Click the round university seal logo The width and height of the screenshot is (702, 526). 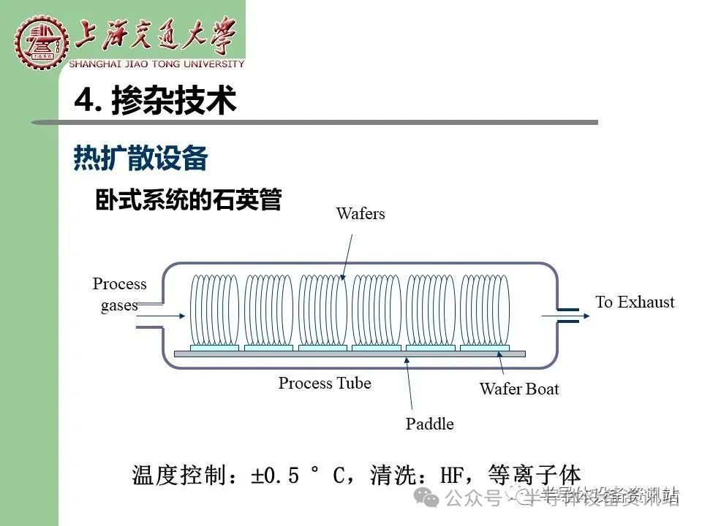click(x=42, y=42)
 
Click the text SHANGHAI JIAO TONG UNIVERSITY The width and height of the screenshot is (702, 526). click(x=156, y=64)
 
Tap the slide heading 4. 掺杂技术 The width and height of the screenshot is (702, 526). click(x=155, y=100)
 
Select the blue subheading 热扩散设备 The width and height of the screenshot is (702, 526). click(x=140, y=158)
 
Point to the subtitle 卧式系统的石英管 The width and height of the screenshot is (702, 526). click(x=189, y=199)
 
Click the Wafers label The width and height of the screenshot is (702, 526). click(x=361, y=213)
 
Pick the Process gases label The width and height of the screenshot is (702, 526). click(x=119, y=294)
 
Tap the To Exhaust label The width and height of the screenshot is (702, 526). click(x=635, y=302)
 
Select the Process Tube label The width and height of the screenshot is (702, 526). click(x=325, y=383)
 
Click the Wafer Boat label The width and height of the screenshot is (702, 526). click(x=519, y=389)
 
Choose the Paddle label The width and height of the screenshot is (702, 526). click(x=429, y=424)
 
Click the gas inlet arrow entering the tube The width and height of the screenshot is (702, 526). click(x=161, y=316)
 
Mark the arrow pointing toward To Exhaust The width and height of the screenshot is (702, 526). click(x=565, y=316)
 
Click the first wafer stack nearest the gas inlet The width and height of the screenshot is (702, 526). click(x=214, y=310)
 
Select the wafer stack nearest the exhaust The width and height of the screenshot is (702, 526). click(x=485, y=310)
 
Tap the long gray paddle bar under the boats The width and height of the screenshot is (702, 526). click(x=350, y=354)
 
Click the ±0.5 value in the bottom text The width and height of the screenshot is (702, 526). click(x=275, y=475)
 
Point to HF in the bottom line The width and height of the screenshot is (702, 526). click(x=451, y=475)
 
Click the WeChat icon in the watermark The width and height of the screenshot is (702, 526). click(x=426, y=498)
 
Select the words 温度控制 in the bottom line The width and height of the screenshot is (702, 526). click(x=179, y=475)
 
